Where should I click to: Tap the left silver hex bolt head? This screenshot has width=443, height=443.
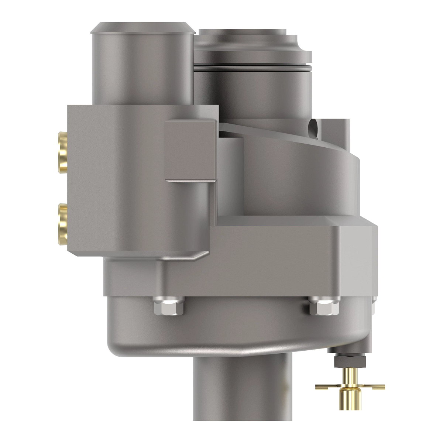[x=168, y=307]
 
